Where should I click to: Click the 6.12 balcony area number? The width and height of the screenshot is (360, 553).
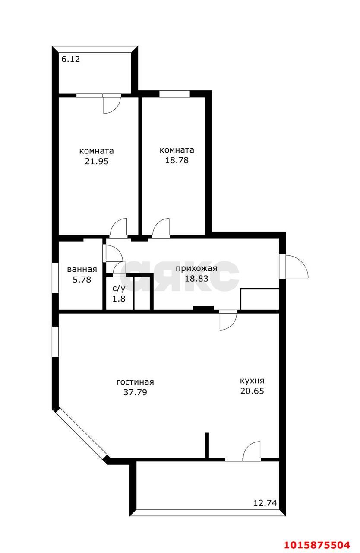tap(70, 60)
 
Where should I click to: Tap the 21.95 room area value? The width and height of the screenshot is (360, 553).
tap(96, 162)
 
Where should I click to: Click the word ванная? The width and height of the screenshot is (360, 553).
tap(82, 269)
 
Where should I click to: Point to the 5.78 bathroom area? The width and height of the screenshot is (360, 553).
tap(82, 280)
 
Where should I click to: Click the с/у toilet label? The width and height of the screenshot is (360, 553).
tap(119, 288)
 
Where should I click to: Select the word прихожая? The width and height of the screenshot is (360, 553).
tap(196, 269)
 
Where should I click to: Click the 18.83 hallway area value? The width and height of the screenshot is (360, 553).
tap(196, 279)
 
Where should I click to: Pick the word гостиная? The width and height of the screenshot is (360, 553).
tap(135, 382)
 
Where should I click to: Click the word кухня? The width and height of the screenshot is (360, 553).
tap(252, 381)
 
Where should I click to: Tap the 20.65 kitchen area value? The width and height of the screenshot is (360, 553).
tap(252, 391)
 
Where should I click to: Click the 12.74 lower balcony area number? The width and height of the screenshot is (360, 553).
tap(265, 503)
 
